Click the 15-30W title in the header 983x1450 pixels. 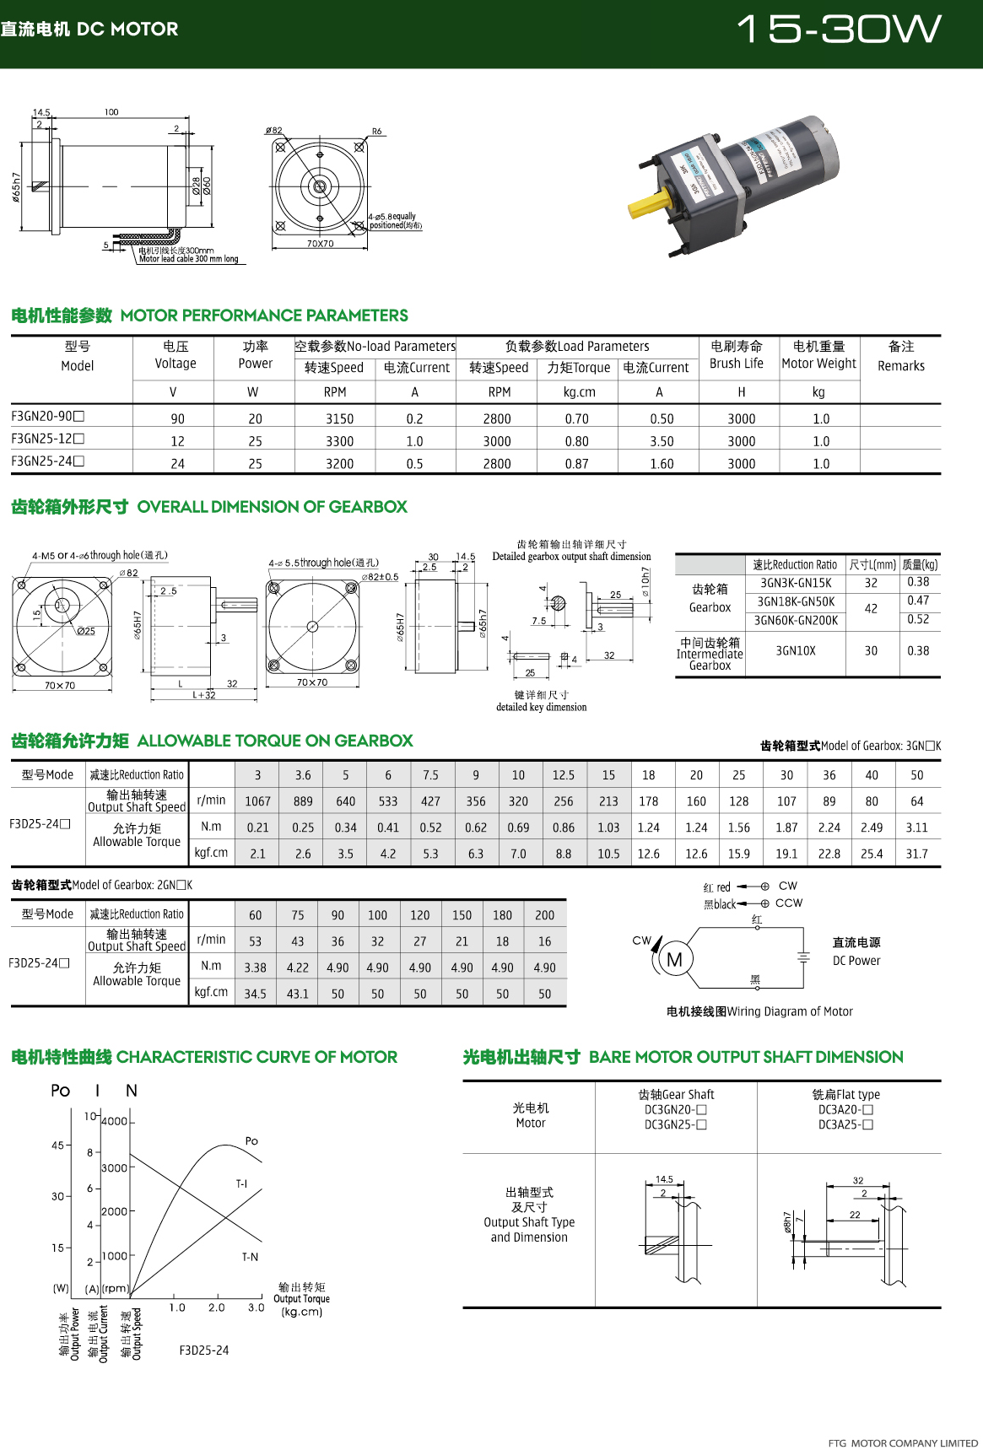(x=839, y=30)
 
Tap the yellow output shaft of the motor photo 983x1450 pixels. (x=651, y=203)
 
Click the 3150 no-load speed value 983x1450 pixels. (x=339, y=418)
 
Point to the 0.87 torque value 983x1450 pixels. (x=577, y=464)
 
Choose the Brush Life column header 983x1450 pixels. (x=737, y=355)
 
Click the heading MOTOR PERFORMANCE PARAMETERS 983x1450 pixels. (x=264, y=315)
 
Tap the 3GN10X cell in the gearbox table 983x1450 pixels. (x=796, y=651)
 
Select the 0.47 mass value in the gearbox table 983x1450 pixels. (x=918, y=601)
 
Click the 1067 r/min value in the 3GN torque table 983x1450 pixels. (x=257, y=801)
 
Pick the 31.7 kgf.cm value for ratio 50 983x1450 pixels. (x=916, y=854)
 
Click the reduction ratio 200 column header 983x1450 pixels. (x=545, y=915)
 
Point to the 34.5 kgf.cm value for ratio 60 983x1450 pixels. (x=255, y=994)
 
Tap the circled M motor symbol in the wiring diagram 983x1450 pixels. (x=674, y=960)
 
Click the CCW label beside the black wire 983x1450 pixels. (x=789, y=903)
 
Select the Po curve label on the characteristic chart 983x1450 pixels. (x=251, y=1141)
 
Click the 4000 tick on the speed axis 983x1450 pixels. (x=115, y=1121)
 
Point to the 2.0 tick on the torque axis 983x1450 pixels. (x=217, y=1307)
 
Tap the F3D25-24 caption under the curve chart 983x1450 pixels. (x=204, y=1350)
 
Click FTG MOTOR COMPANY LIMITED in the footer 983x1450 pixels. (x=903, y=1443)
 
